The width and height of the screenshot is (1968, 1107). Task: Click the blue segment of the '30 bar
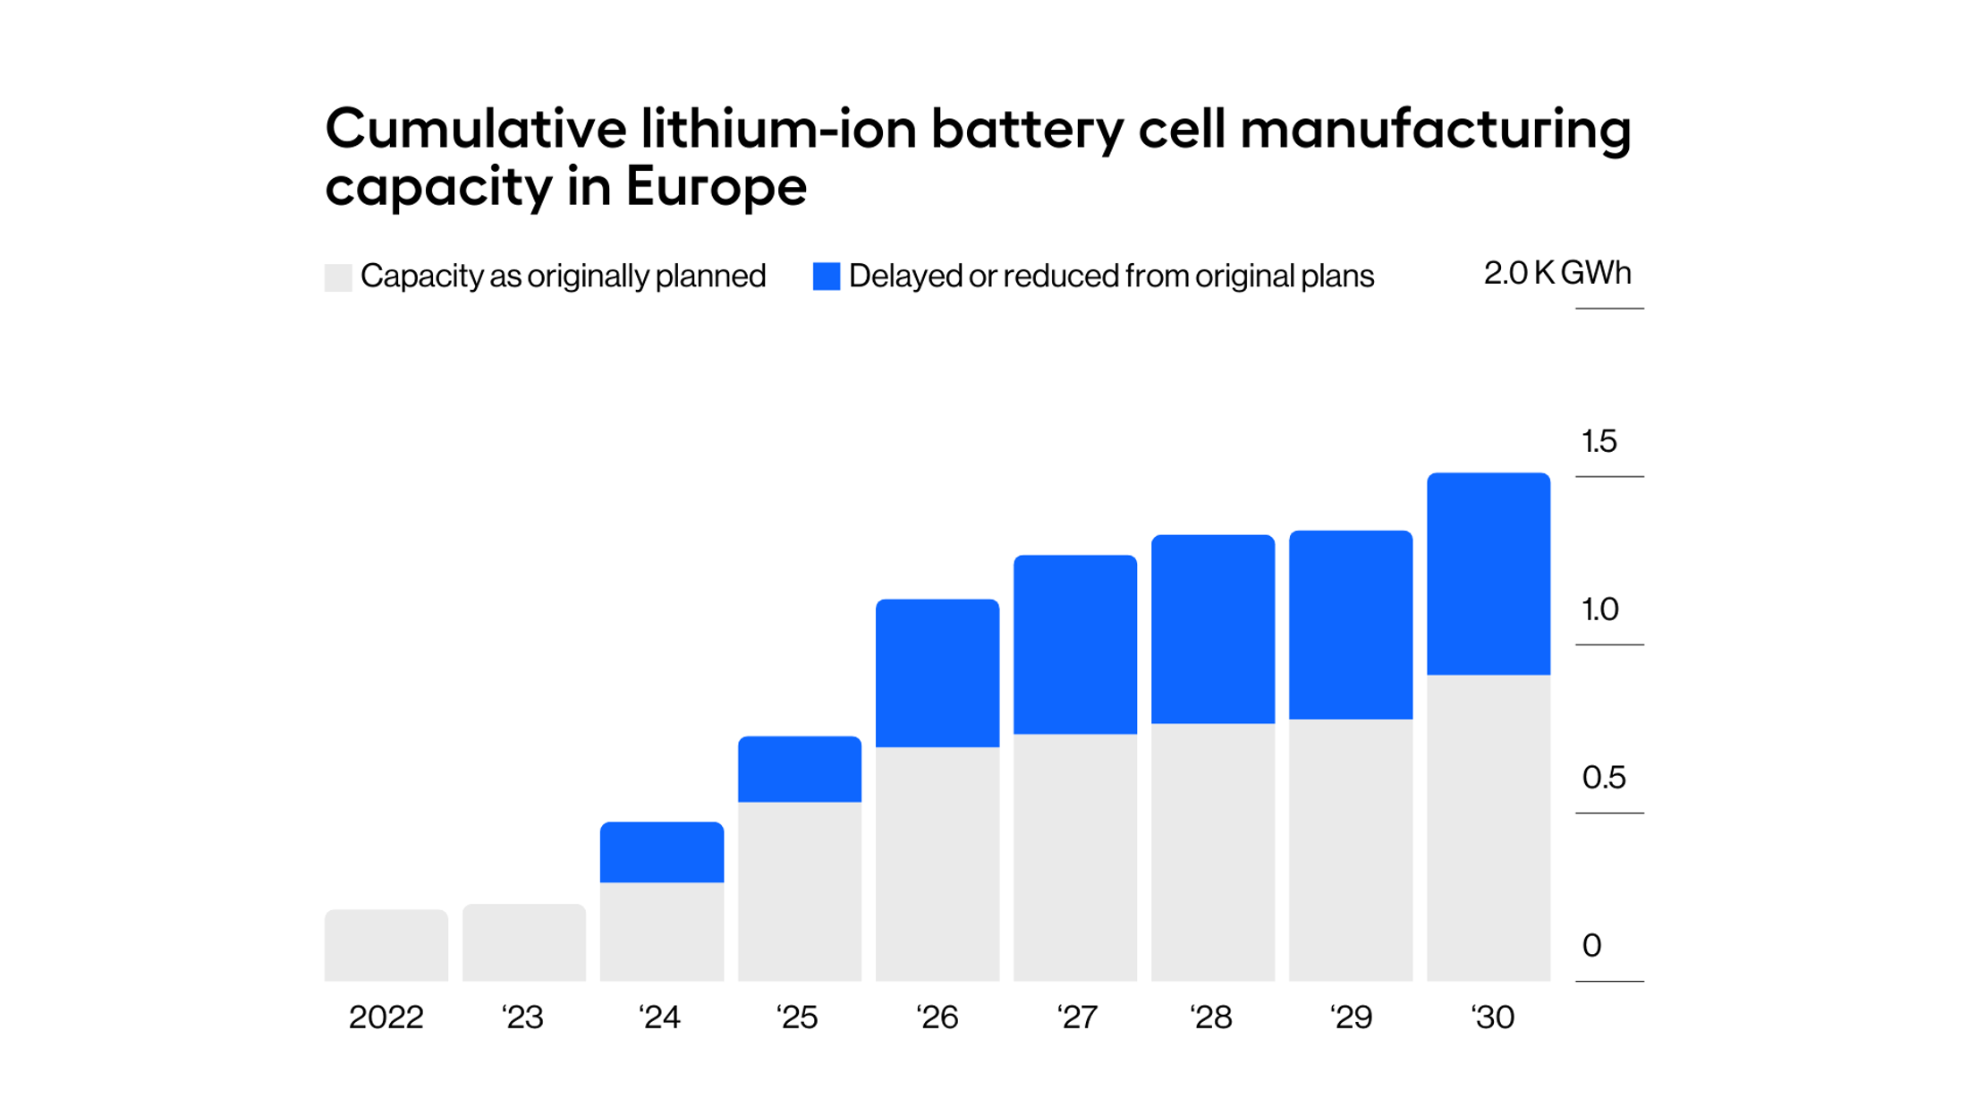click(x=1488, y=574)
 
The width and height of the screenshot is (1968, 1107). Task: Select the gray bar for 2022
click(x=386, y=945)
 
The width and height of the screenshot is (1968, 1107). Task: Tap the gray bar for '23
click(x=523, y=942)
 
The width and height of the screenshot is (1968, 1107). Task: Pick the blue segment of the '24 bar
click(x=661, y=852)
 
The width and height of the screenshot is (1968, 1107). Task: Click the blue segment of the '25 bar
click(x=799, y=769)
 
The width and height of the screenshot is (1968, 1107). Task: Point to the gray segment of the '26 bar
click(x=937, y=864)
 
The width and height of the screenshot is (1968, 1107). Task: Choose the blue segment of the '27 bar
click(x=1074, y=644)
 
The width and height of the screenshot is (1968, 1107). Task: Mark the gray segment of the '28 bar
click(x=1212, y=852)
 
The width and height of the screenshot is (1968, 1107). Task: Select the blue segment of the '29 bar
click(x=1350, y=625)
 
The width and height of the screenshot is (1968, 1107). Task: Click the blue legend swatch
click(x=826, y=277)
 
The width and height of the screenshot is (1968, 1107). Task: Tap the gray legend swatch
click(x=338, y=277)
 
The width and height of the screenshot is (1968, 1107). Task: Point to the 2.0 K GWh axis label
click(x=1557, y=273)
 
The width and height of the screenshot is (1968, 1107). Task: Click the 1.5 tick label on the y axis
click(x=1599, y=441)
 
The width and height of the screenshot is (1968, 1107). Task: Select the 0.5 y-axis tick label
click(x=1603, y=778)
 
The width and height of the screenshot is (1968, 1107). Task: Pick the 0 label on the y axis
click(x=1591, y=946)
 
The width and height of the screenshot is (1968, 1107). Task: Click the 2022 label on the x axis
click(x=386, y=1018)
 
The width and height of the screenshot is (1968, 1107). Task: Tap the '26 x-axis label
click(x=937, y=1018)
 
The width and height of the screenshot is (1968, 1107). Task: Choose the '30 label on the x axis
click(x=1492, y=1018)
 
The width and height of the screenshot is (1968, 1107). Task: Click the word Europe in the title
click(x=716, y=186)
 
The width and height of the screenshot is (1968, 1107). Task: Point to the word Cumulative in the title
click(x=476, y=129)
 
